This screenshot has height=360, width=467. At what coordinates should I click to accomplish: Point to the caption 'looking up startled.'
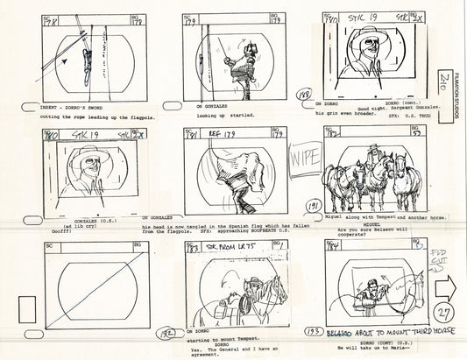click(223, 116)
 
